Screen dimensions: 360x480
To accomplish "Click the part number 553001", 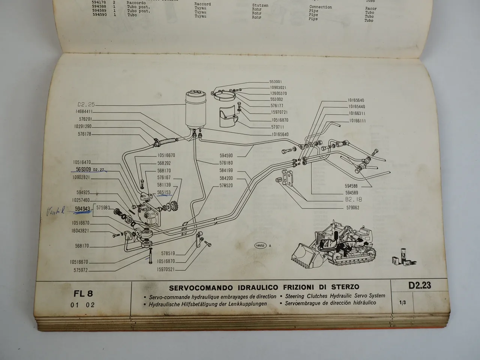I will [x=275, y=81].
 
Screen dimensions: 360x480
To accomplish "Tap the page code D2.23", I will [x=420, y=286].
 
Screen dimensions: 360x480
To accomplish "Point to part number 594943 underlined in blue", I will [x=82, y=209].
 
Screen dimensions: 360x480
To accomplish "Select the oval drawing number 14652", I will [x=260, y=246].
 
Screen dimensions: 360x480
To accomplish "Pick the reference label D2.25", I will [x=86, y=104].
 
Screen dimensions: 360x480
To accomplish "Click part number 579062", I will [x=352, y=207].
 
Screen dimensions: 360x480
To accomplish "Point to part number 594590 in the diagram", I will [x=226, y=155].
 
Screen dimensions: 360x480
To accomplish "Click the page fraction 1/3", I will [x=402, y=303].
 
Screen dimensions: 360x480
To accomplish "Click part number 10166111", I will [x=357, y=120].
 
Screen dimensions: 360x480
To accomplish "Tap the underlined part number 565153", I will [x=164, y=192].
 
